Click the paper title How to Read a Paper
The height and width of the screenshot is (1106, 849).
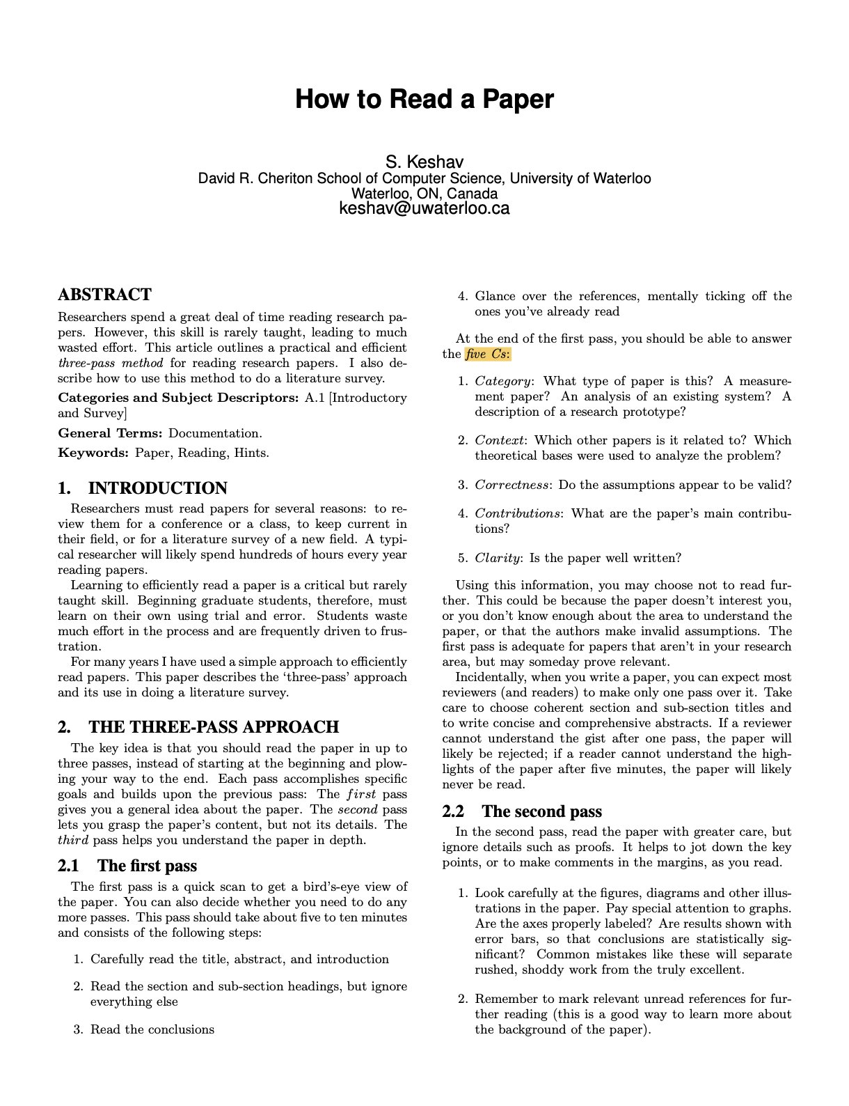coord(424,99)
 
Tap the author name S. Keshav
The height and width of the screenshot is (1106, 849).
coord(424,162)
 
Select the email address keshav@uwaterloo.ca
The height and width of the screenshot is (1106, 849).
coord(424,208)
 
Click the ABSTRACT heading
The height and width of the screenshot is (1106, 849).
coord(104,295)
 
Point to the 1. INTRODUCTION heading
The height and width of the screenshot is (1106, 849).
coord(143,488)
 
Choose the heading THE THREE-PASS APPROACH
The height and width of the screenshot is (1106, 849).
coord(213,727)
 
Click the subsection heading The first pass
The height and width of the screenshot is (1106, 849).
coord(147,866)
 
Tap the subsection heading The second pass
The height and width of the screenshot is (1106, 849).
coord(541,811)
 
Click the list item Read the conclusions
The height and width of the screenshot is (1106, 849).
coord(152,1029)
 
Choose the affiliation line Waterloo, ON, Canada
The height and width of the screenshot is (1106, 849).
coord(424,193)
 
